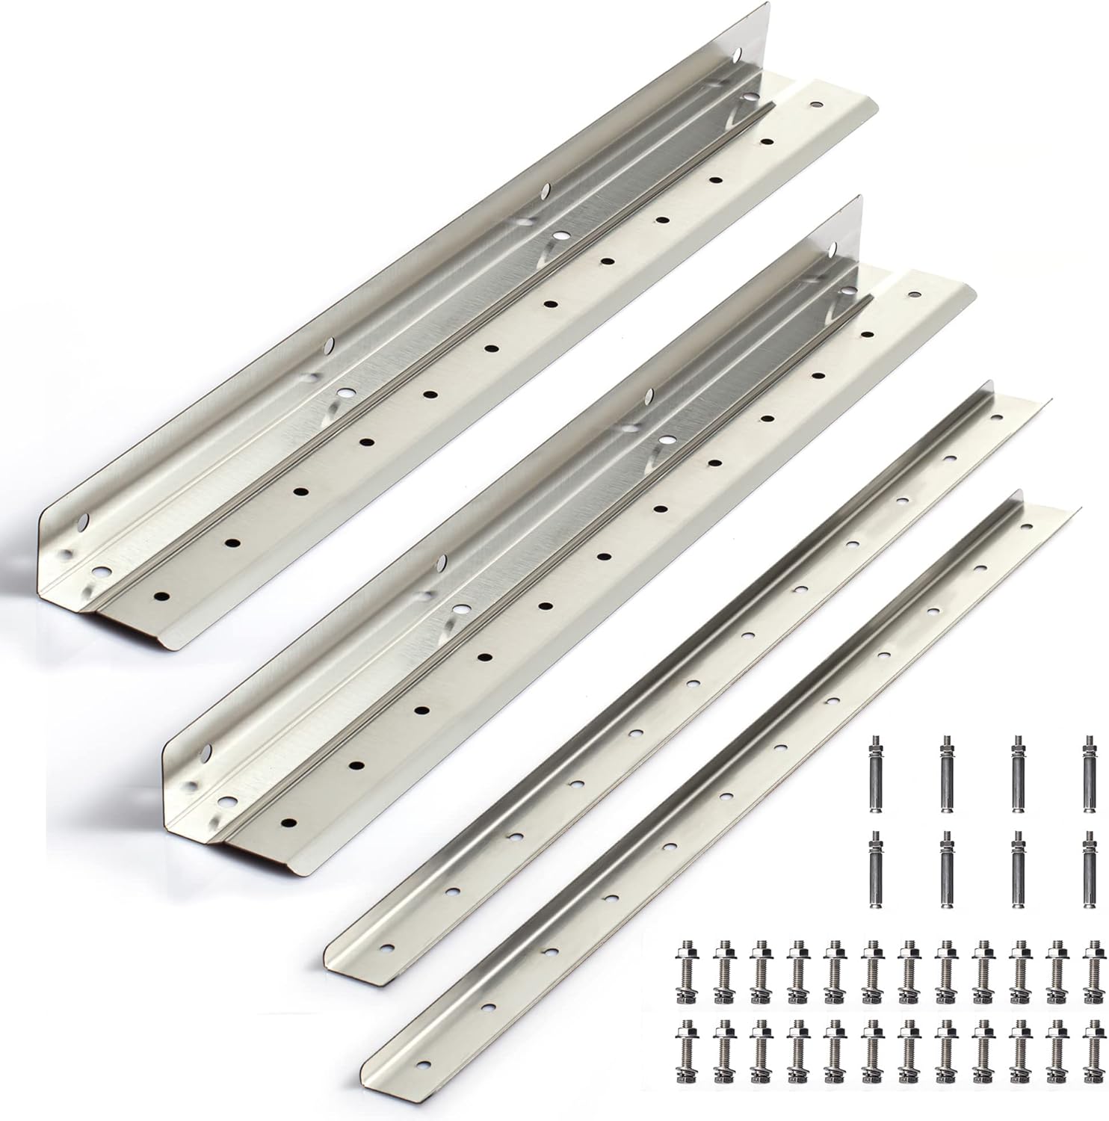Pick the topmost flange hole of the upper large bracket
coord(815,107)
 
